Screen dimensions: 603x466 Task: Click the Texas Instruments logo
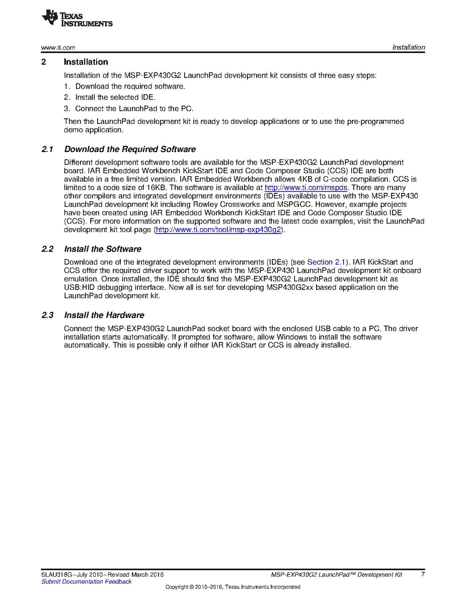(x=77, y=18)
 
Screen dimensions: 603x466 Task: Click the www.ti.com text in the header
(x=58, y=48)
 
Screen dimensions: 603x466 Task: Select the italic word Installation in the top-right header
(x=409, y=48)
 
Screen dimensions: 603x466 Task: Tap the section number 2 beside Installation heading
(x=44, y=62)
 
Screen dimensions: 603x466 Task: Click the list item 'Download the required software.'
(x=130, y=86)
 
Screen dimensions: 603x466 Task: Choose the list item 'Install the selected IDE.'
(x=115, y=97)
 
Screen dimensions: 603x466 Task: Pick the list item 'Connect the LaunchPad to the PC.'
(x=134, y=108)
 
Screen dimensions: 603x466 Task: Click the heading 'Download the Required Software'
(x=130, y=149)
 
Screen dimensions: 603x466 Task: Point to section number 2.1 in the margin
(x=47, y=149)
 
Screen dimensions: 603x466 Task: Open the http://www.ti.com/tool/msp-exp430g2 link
(x=218, y=230)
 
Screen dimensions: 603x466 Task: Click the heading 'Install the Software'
(x=103, y=249)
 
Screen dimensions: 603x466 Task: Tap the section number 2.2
(x=47, y=249)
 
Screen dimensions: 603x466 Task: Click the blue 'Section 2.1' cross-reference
(x=327, y=262)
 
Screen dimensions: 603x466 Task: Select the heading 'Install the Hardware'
(x=104, y=315)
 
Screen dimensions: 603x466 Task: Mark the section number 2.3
(x=47, y=315)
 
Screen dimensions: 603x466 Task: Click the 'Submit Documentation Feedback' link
(x=86, y=582)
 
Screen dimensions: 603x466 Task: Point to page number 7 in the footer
(x=423, y=574)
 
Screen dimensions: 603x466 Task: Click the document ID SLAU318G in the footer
(x=57, y=575)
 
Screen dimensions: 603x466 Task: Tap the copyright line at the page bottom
(x=232, y=587)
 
